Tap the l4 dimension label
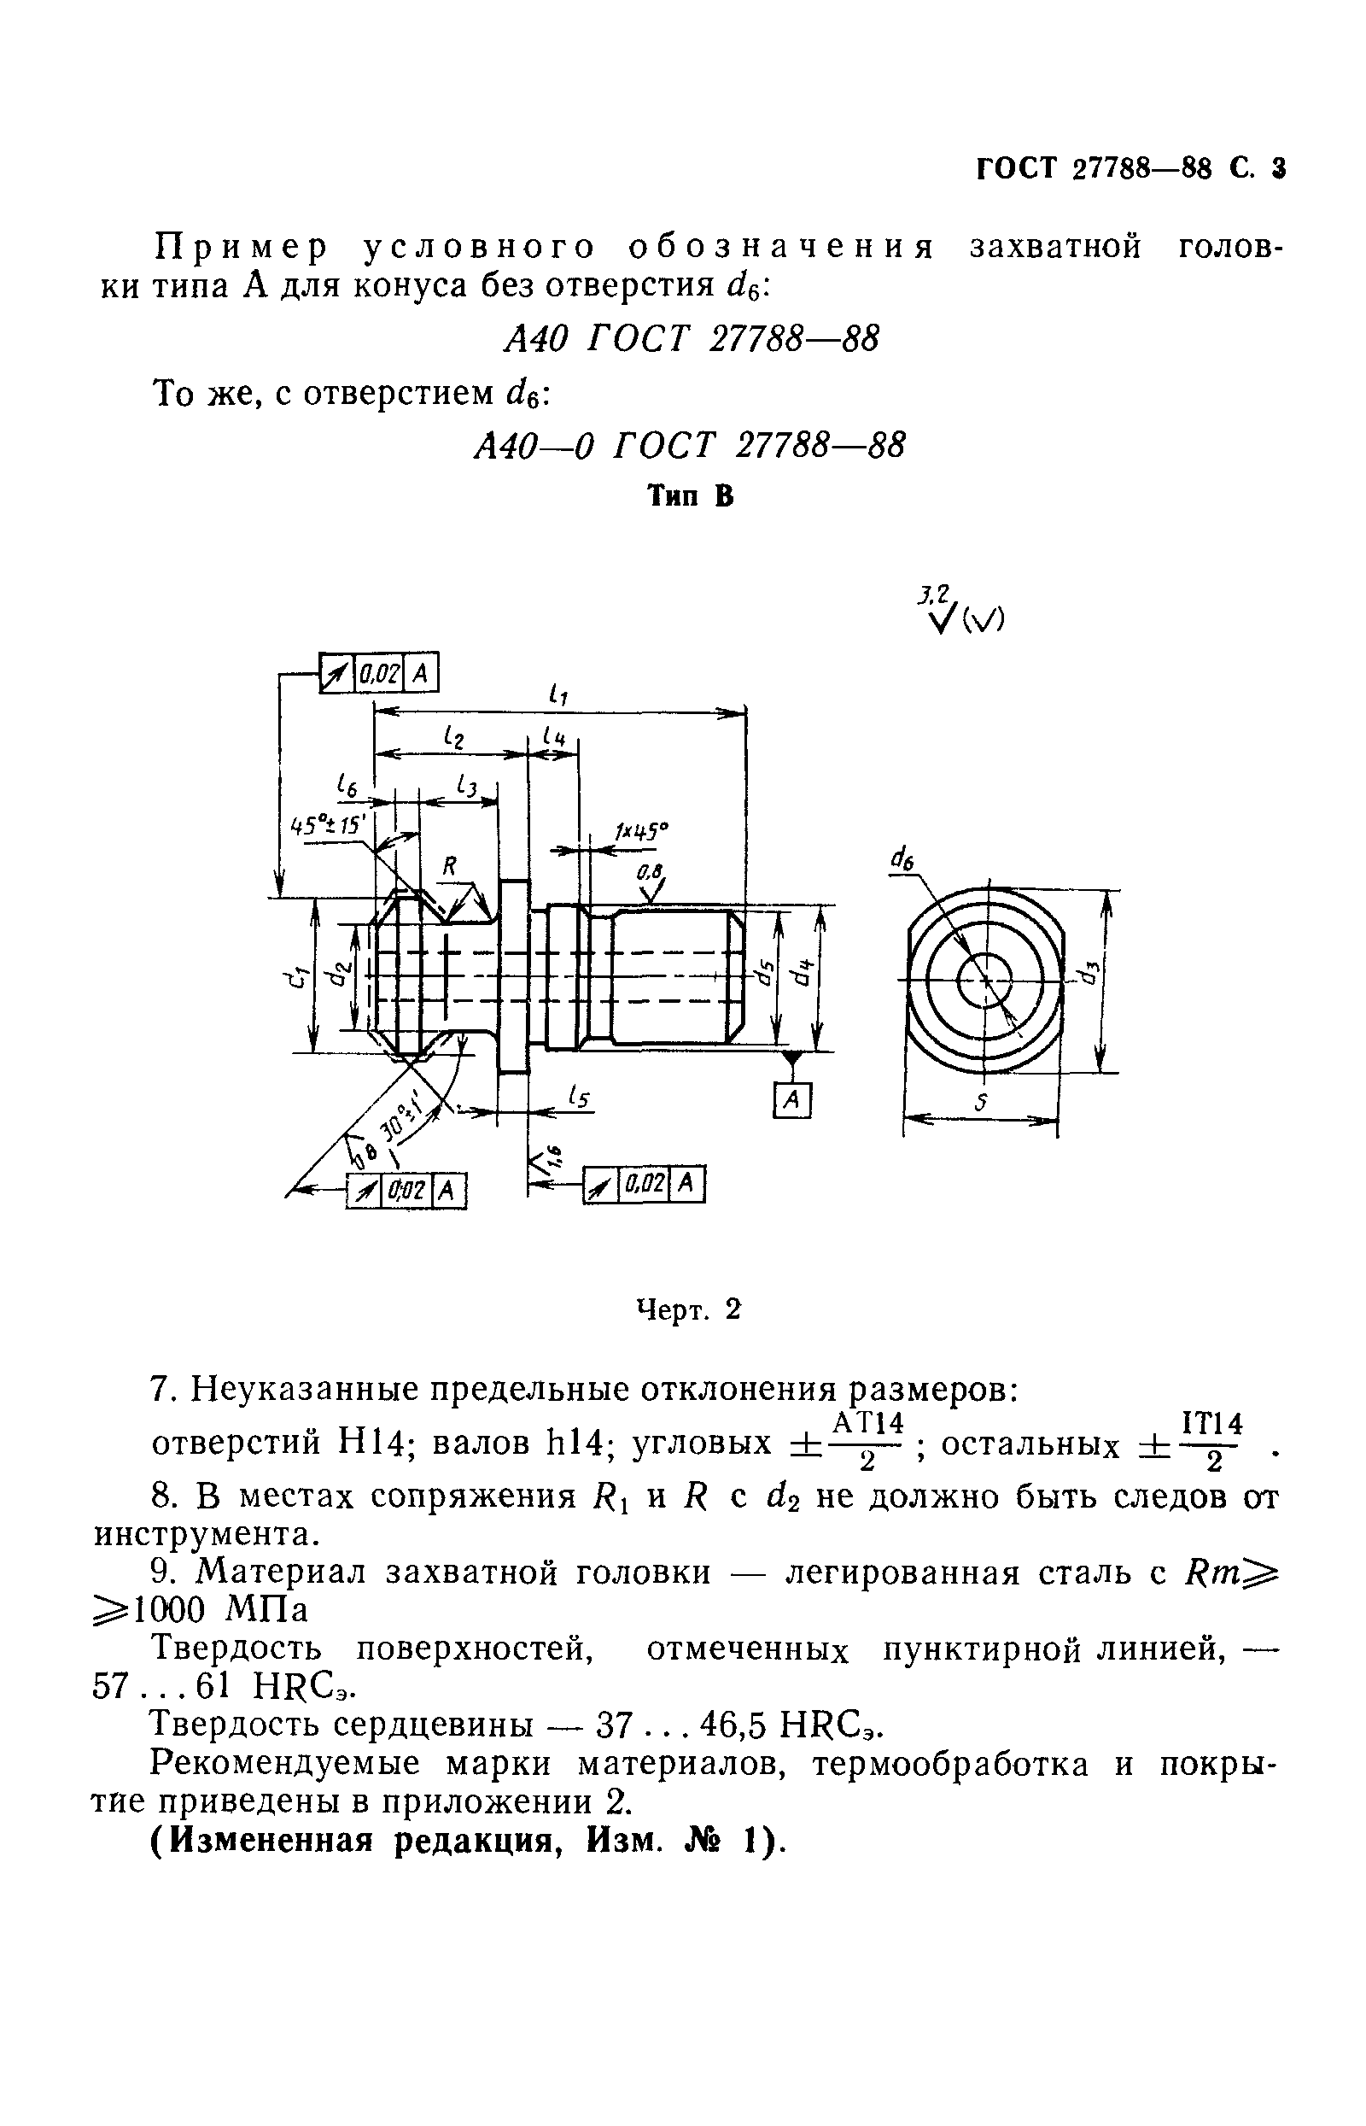click(x=554, y=735)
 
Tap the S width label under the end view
click(x=980, y=1103)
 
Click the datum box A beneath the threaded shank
click(x=792, y=1101)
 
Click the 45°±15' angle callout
click(x=329, y=824)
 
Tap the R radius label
click(x=450, y=866)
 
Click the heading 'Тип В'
click(x=690, y=496)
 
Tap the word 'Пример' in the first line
click(x=241, y=246)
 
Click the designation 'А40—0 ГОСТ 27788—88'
click(x=689, y=444)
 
